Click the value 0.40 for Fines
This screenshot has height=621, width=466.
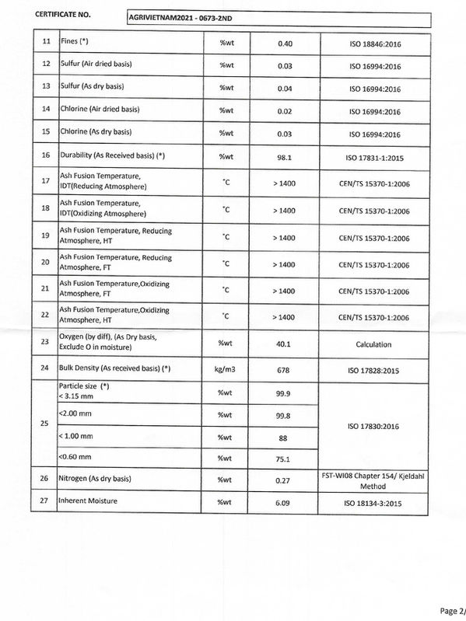pos(284,42)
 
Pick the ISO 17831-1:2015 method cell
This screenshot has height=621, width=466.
pos(373,157)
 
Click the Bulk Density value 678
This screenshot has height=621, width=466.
pos(284,369)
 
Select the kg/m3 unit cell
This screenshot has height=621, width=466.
pos(228,369)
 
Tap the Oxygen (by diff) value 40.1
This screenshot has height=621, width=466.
pos(284,343)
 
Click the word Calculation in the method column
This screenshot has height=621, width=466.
pos(373,344)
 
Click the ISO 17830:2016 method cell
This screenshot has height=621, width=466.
pos(373,426)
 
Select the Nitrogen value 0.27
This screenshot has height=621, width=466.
pos(284,481)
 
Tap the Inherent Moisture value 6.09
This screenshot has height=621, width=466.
pos(284,503)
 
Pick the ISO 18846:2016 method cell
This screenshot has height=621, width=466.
pos(373,43)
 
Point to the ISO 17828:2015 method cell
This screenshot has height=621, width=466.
pos(373,370)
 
